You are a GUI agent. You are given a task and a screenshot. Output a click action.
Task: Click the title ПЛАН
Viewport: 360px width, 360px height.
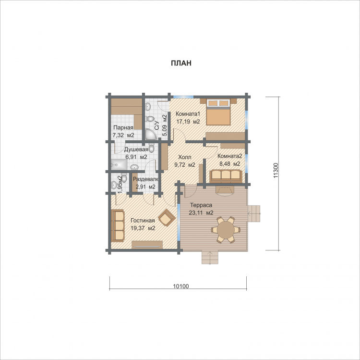coord(181,63)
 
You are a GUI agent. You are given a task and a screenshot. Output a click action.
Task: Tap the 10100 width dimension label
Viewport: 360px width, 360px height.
coord(180,286)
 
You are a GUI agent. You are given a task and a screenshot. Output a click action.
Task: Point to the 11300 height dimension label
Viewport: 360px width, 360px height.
coord(276,170)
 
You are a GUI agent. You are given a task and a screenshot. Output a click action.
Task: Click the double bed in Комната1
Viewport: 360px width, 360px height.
coord(218,112)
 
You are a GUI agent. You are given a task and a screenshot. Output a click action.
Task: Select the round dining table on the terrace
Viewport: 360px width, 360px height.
coord(226,230)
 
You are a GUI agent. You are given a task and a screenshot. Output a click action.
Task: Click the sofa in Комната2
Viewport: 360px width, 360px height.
coord(226,176)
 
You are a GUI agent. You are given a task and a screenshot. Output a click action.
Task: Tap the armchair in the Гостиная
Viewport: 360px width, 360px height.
coord(167,217)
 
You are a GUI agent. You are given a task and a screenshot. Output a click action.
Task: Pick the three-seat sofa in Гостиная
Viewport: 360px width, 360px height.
coord(118,225)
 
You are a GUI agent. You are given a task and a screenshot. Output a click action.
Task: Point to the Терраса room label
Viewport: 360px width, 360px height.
coord(201,205)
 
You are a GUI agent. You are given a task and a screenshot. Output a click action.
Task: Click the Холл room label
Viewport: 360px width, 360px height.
coord(185,157)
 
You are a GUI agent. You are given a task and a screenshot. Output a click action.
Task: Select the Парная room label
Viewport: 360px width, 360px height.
coord(123,127)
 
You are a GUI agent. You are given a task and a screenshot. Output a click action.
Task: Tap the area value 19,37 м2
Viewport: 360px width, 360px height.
coord(143,228)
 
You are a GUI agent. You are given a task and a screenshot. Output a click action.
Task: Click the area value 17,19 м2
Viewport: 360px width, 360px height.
coord(188,122)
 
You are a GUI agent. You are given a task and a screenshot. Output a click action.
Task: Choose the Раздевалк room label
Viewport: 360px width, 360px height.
coord(146,179)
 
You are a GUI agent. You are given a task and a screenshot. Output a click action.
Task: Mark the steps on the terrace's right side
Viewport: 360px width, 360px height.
coord(254,213)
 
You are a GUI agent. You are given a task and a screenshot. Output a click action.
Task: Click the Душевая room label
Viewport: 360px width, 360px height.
coord(136,149)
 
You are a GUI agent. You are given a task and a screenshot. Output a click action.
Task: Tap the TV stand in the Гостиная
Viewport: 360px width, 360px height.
coord(147,245)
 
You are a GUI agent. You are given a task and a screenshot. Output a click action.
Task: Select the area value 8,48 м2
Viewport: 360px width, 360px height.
coord(230,164)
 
